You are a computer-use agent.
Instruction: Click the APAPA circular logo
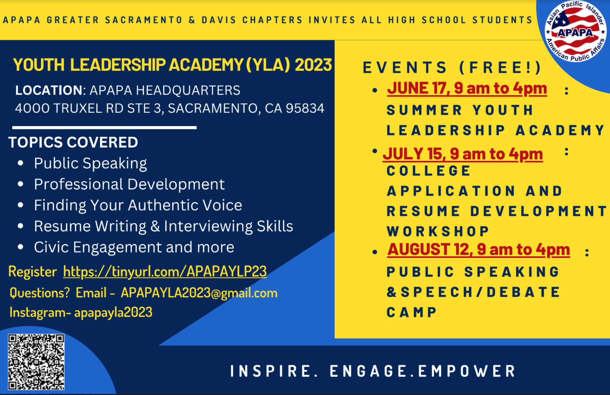pyautogui.click(x=575, y=31)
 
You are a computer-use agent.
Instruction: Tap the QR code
pyautogui.click(x=36, y=362)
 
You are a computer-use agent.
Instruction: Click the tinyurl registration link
pyautogui.click(x=165, y=272)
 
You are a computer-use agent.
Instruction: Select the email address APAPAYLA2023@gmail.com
pyautogui.click(x=199, y=293)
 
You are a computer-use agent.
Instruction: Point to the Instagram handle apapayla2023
pyautogui.click(x=113, y=312)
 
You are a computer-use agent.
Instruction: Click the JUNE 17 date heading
pyautogui.click(x=467, y=88)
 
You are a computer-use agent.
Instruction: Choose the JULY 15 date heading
pyautogui.click(x=463, y=154)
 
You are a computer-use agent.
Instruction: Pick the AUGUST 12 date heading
pyautogui.click(x=478, y=250)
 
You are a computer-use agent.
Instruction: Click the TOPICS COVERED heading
pyautogui.click(x=73, y=142)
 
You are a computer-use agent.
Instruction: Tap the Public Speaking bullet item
pyautogui.click(x=91, y=163)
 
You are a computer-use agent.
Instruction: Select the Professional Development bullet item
pyautogui.click(x=129, y=184)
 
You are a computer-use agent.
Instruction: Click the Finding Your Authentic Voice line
pyautogui.click(x=138, y=205)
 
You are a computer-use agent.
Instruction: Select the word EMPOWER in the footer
pyautogui.click(x=467, y=371)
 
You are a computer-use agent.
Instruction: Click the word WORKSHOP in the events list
pyautogui.click(x=438, y=232)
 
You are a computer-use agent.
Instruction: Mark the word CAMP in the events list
pyautogui.click(x=412, y=312)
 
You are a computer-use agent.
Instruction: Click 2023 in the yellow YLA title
pyautogui.click(x=313, y=65)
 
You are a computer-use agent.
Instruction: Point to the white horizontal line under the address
pyautogui.click(x=105, y=128)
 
